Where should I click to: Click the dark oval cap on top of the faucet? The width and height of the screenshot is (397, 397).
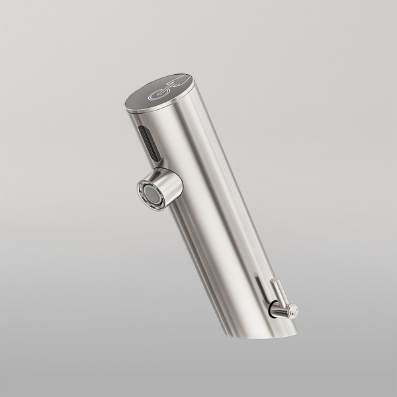[159, 91]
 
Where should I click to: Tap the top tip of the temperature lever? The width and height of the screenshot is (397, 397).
[274, 282]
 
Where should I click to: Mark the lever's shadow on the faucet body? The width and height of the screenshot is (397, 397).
[261, 291]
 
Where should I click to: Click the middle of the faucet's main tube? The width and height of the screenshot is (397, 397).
[212, 212]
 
